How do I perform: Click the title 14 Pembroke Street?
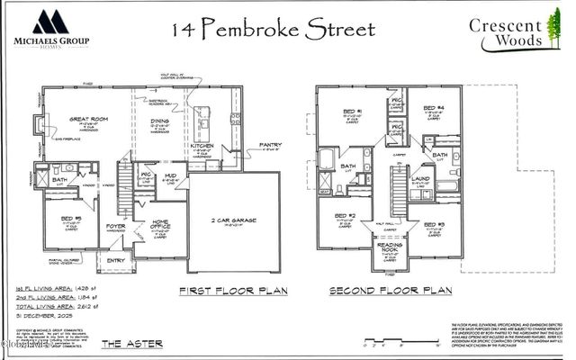272,29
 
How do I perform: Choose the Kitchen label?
202,145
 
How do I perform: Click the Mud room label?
169,176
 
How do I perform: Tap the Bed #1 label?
353,112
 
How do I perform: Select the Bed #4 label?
436,108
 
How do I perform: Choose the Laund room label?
420,178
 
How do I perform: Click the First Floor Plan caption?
233,291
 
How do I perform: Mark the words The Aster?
127,344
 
